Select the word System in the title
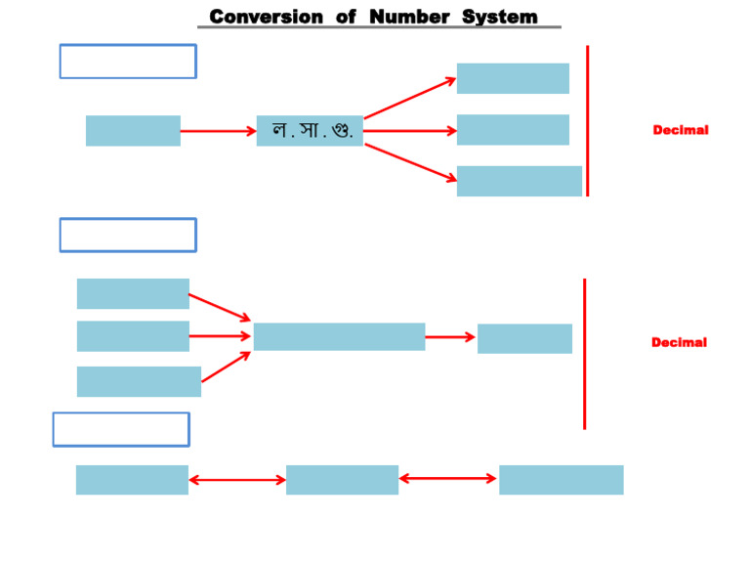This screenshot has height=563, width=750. [x=499, y=17]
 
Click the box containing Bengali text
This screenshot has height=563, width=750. [x=310, y=130]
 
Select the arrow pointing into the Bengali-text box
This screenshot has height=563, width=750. [x=218, y=130]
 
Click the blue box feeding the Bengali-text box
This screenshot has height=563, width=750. [x=133, y=130]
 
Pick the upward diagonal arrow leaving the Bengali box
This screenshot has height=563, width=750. [x=409, y=98]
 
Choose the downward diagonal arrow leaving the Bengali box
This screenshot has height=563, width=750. [x=409, y=161]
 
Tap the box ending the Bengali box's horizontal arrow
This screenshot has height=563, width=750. [x=513, y=130]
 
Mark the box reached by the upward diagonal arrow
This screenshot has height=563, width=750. [x=513, y=78]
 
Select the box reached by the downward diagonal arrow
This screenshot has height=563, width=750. [x=519, y=181]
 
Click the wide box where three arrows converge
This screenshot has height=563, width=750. [x=339, y=336]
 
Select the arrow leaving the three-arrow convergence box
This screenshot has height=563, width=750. [x=450, y=337]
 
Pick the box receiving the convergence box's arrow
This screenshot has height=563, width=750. [x=524, y=338]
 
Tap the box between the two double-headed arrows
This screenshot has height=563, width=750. [x=342, y=480]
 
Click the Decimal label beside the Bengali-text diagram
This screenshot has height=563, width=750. [x=681, y=130]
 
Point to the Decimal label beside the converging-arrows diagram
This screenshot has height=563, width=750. [x=679, y=342]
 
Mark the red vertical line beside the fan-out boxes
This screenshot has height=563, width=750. [x=587, y=120]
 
